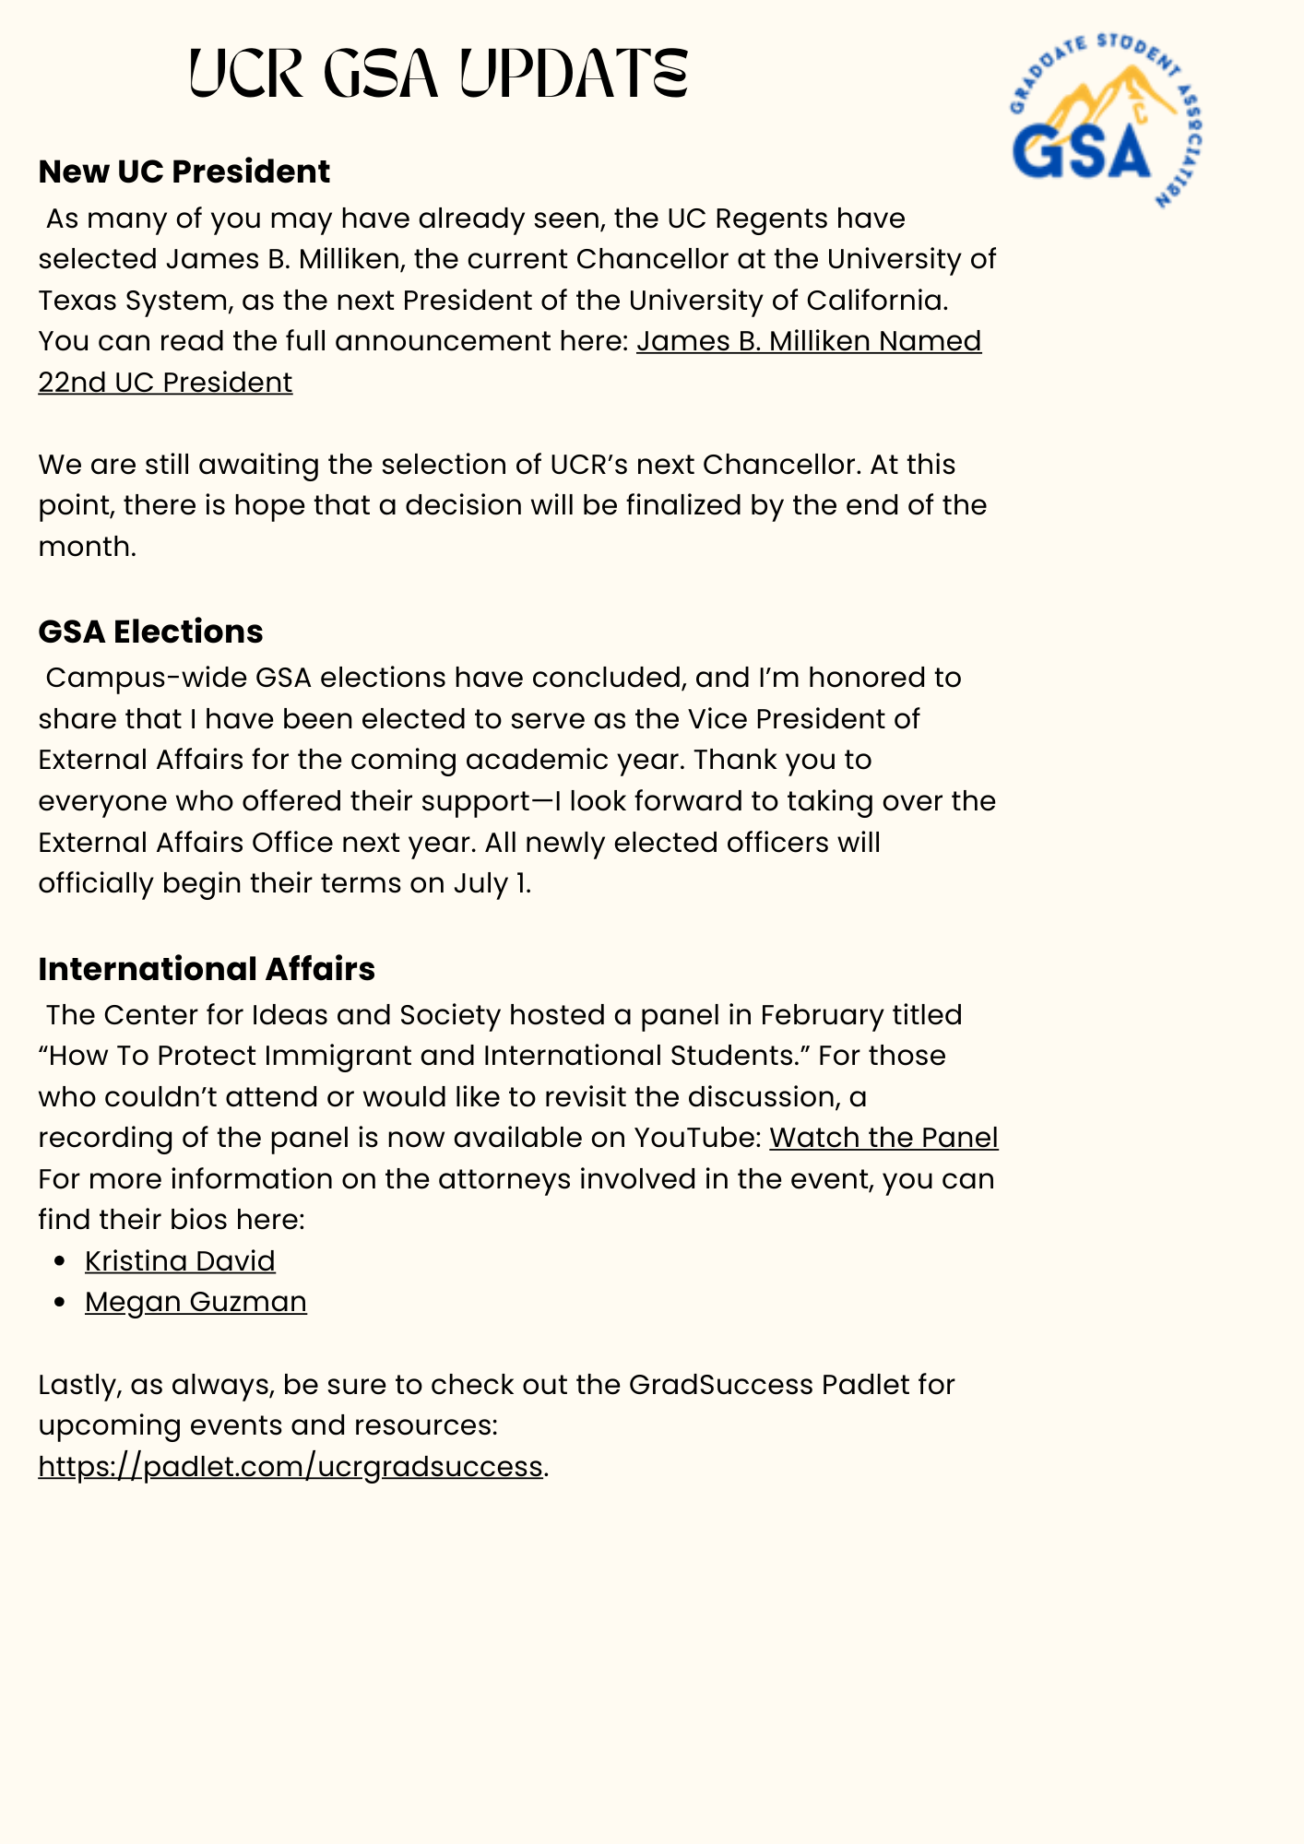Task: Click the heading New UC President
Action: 184,171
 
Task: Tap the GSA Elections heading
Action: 150,632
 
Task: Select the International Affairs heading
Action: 207,969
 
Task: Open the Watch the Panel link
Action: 883,1138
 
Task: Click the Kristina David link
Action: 180,1261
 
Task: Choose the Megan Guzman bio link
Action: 196,1302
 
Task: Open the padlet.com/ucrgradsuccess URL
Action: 290,1466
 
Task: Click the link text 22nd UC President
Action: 165,383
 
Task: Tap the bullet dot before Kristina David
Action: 60,1262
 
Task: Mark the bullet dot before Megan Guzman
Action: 60,1303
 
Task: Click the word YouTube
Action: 696,1138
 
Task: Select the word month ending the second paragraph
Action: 86,547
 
